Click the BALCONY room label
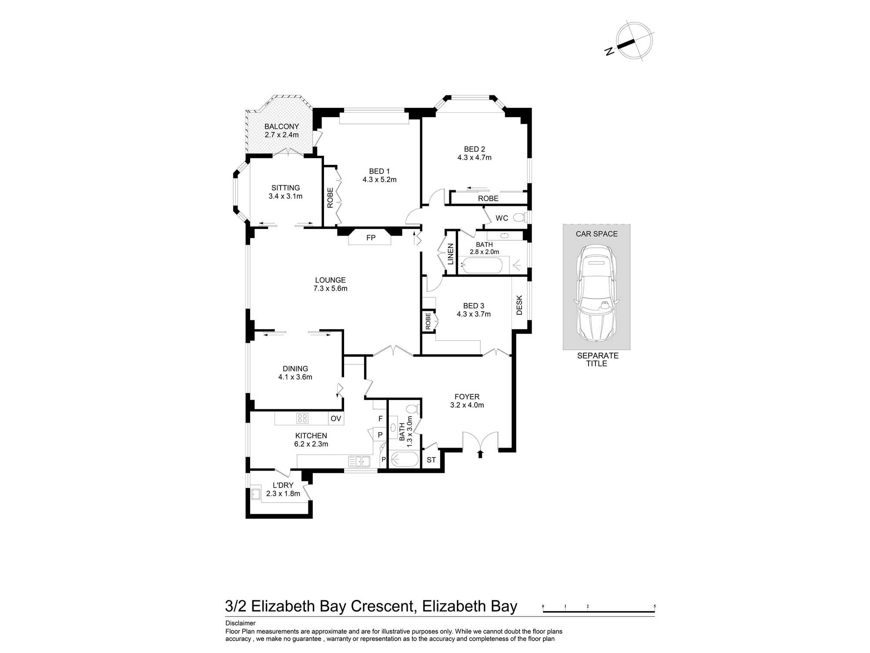[x=281, y=127]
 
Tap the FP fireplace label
[x=371, y=238]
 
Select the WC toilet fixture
[x=519, y=217]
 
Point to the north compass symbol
[x=635, y=40]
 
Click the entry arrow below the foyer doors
[x=480, y=454]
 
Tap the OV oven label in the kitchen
[x=336, y=419]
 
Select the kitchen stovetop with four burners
[x=302, y=419]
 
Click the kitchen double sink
[x=359, y=461]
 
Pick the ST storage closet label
[x=431, y=460]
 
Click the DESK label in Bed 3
[x=519, y=305]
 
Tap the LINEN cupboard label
[x=451, y=254]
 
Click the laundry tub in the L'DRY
[x=256, y=494]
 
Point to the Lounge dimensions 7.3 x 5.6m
[x=330, y=288]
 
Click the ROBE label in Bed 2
[x=488, y=199]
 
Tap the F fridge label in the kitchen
[x=380, y=419]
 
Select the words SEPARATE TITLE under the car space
[x=597, y=360]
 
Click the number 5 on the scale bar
[x=654, y=606]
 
